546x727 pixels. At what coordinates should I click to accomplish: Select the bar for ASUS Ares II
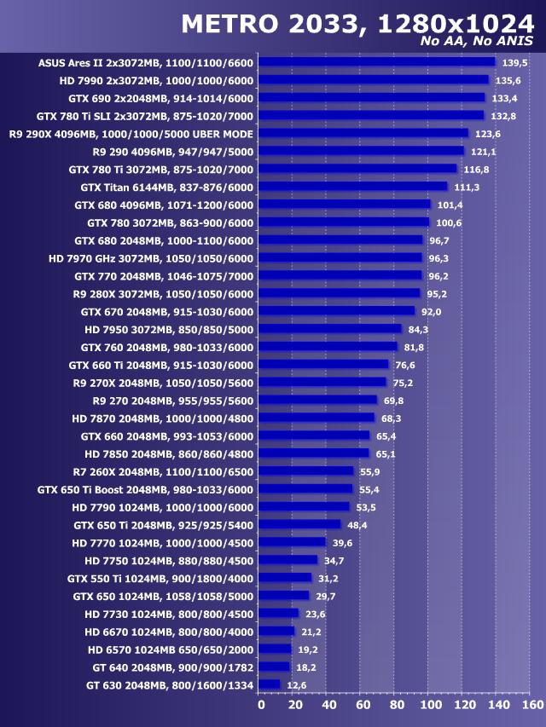376,62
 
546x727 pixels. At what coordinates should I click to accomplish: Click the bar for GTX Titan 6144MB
352,187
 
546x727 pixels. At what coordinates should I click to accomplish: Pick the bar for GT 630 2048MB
269,684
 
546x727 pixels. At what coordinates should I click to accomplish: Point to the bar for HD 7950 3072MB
329,329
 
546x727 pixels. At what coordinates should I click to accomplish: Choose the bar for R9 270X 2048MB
322,383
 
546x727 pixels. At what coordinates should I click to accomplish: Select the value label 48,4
357,525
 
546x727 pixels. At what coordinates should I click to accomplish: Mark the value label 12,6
296,684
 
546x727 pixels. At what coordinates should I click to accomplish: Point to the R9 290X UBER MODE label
131,134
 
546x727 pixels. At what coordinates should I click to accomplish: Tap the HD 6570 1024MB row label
171,649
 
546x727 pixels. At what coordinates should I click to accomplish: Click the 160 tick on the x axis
531,705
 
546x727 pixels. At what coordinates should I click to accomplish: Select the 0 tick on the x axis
261,705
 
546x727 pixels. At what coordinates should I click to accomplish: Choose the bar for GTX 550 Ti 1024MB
284,578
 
